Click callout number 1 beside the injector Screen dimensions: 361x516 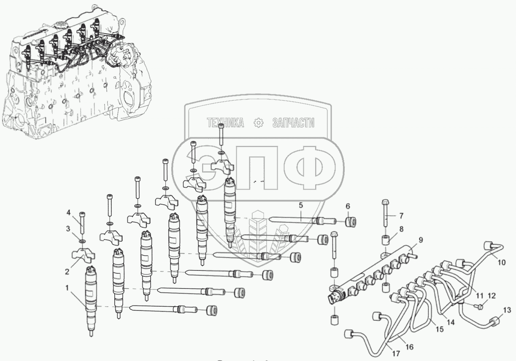click(x=67, y=288)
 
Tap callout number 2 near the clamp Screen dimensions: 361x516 click(x=67, y=272)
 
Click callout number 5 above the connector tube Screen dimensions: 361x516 click(x=300, y=205)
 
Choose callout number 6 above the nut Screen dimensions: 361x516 click(x=348, y=206)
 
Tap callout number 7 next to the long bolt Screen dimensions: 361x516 click(x=401, y=216)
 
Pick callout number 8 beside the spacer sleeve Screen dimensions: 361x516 click(x=401, y=230)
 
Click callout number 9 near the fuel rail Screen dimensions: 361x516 click(x=420, y=241)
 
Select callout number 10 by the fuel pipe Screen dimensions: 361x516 click(x=501, y=262)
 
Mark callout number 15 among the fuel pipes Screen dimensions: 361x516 click(x=440, y=330)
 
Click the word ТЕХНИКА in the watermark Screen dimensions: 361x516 click(x=225, y=123)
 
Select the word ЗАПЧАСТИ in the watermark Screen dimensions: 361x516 click(x=294, y=123)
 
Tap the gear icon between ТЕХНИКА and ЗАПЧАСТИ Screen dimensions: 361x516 click(x=258, y=123)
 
